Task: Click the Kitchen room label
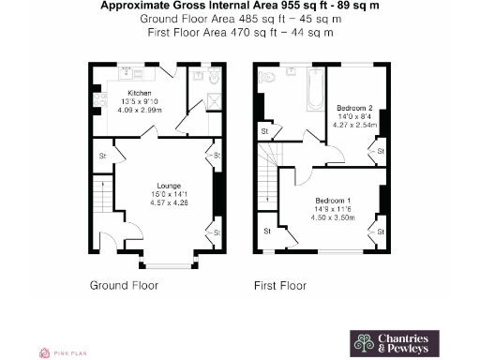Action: (x=141, y=94)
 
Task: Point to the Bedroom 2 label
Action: (x=355, y=109)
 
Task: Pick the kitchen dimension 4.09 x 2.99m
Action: (x=141, y=110)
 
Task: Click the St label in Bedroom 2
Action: (x=379, y=149)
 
